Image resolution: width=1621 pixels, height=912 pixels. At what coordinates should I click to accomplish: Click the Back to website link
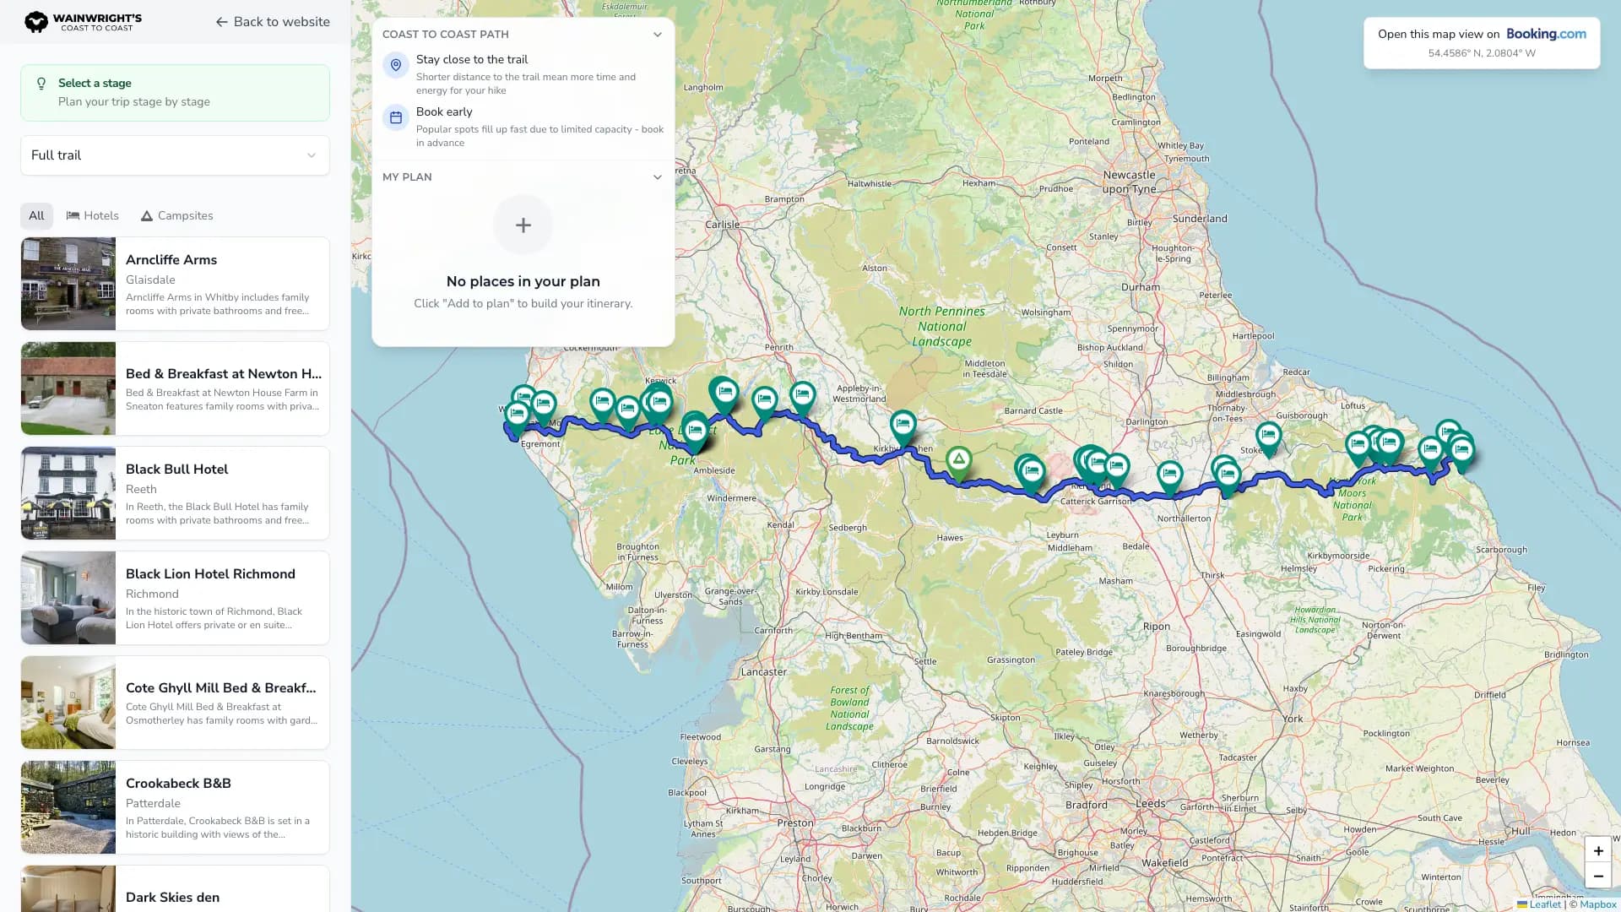click(273, 22)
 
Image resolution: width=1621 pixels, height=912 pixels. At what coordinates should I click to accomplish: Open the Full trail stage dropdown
click(175, 155)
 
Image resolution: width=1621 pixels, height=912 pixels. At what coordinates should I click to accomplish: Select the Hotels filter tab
click(93, 216)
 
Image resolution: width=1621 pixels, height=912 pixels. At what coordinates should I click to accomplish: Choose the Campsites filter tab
click(176, 216)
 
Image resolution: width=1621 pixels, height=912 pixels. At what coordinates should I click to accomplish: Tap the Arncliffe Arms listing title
click(171, 260)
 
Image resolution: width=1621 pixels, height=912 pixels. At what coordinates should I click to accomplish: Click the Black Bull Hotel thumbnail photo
click(68, 493)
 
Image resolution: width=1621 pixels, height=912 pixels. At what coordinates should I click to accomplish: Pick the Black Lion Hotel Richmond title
click(210, 574)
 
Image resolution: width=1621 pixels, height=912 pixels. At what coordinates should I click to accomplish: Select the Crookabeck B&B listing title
click(178, 784)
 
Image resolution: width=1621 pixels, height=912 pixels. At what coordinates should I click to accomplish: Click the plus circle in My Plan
click(523, 225)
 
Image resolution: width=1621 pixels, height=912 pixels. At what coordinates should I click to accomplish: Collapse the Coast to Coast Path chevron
click(658, 35)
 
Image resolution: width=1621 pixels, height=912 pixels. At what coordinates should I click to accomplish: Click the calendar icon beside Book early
click(396, 117)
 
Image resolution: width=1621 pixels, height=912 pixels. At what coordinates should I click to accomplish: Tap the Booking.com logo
click(1546, 35)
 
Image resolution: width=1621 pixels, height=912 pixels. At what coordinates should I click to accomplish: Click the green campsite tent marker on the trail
click(958, 459)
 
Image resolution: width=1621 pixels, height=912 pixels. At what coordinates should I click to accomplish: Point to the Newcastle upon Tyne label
click(1129, 182)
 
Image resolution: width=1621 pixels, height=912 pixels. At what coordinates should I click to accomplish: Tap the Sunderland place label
click(1200, 219)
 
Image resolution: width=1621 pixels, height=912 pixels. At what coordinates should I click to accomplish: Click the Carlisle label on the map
click(723, 225)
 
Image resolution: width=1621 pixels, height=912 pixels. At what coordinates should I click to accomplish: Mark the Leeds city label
click(1151, 804)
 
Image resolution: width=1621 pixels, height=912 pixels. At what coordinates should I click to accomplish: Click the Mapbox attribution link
click(1597, 904)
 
